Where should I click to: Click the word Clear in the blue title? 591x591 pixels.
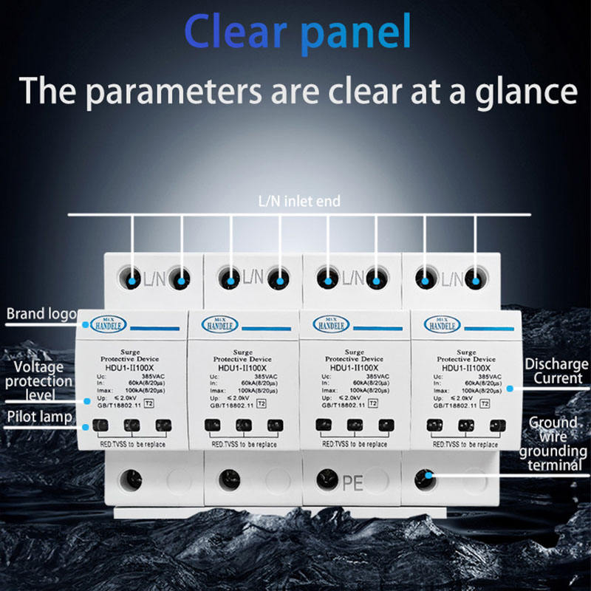click(x=230, y=32)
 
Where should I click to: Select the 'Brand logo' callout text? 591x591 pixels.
click(x=41, y=314)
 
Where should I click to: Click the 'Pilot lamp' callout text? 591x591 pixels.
click(x=40, y=417)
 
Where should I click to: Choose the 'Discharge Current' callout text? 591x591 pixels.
click(x=556, y=372)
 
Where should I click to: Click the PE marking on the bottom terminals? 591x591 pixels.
click(x=352, y=482)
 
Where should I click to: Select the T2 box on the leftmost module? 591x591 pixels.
click(x=149, y=403)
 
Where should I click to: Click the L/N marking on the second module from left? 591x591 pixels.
click(x=253, y=278)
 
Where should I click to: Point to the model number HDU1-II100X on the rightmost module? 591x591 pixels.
click(x=465, y=367)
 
